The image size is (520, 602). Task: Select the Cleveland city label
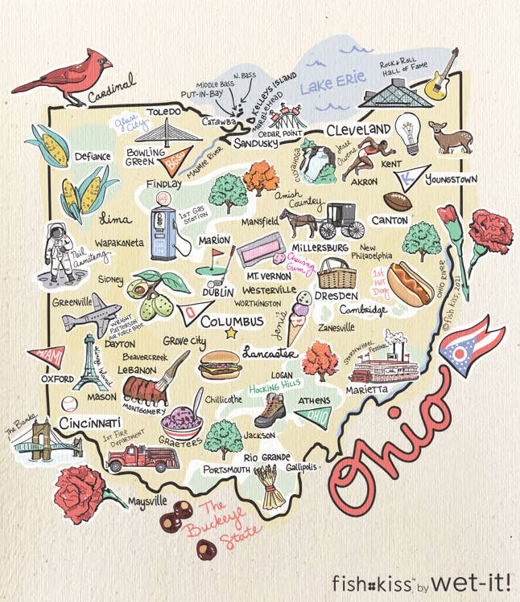point(358,130)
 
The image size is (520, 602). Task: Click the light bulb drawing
point(409,133)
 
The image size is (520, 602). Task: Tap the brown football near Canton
point(398,201)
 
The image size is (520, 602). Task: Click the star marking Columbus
point(232,333)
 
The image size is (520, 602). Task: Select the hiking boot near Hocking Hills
point(268,411)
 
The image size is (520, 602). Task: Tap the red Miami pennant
point(45,354)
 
